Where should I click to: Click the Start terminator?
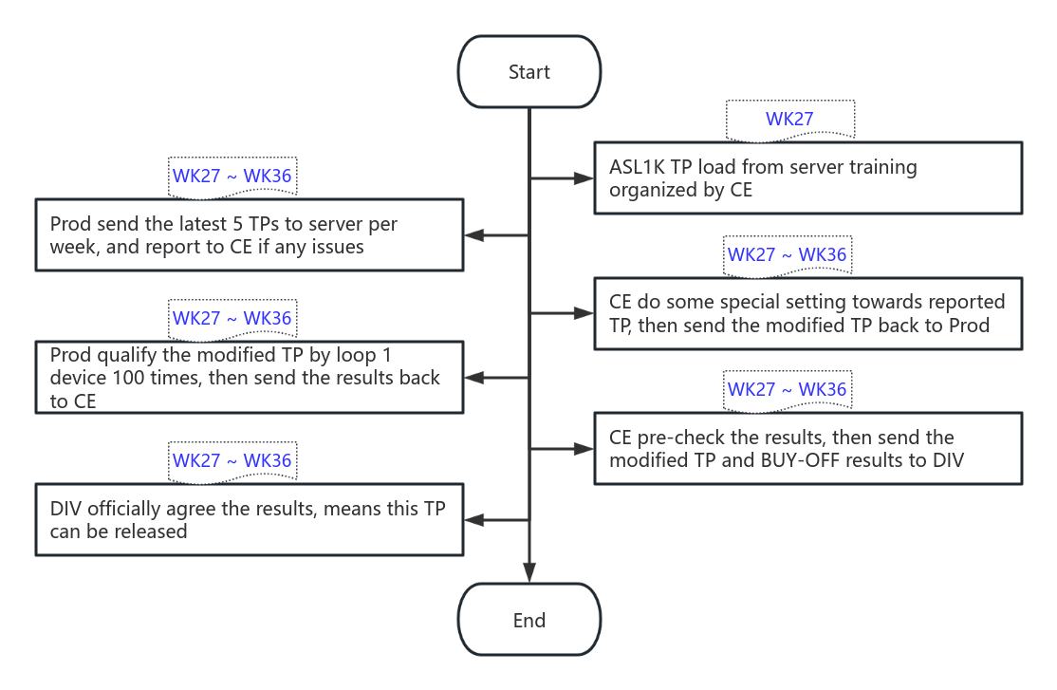[x=528, y=72]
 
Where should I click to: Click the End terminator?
[x=528, y=620]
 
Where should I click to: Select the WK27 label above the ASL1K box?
[x=789, y=119]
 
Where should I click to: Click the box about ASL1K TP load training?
[x=807, y=177]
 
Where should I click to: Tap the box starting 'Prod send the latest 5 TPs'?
[x=249, y=235]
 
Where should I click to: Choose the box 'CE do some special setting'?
[x=807, y=313]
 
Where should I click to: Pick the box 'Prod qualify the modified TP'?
[x=249, y=378]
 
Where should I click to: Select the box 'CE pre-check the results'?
[x=807, y=448]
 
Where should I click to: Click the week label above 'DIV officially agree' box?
[x=232, y=460]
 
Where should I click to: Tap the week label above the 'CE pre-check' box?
[x=787, y=390]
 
